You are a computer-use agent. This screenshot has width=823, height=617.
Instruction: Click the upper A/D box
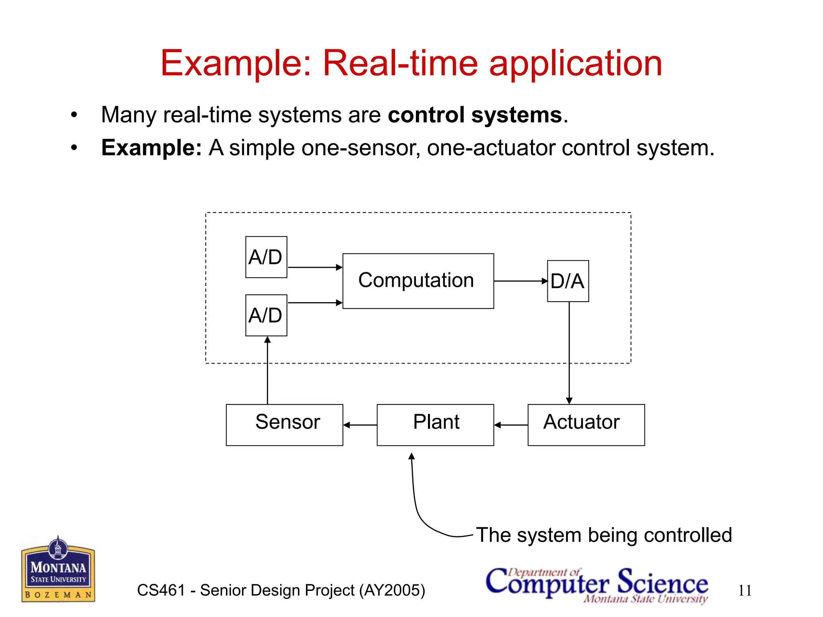click(266, 257)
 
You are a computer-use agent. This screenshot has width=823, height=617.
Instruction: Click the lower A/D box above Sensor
click(266, 315)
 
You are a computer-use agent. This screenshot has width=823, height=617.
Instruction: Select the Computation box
click(418, 281)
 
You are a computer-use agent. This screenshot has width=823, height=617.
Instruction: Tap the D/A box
click(567, 281)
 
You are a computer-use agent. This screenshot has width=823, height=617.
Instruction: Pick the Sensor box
click(284, 425)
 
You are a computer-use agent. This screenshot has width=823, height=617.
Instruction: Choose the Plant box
click(435, 425)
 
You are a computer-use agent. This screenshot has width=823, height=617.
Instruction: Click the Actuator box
click(586, 425)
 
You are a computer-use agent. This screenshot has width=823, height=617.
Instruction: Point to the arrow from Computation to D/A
click(520, 281)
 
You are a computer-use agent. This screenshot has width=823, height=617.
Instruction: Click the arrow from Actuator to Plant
click(511, 425)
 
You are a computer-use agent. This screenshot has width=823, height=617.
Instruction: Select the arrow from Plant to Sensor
click(360, 425)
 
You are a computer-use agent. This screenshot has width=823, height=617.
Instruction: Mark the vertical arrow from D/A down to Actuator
click(569, 353)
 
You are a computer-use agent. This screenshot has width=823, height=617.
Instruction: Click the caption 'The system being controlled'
click(604, 535)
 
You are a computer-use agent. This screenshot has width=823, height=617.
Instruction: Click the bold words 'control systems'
click(475, 115)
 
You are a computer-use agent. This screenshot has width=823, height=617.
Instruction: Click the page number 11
click(745, 590)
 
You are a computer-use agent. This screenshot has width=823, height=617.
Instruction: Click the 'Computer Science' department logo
click(597, 584)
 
